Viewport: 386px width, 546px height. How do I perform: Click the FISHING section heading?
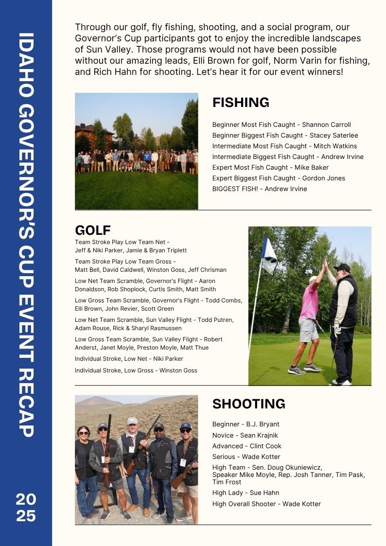pyautogui.click(x=241, y=103)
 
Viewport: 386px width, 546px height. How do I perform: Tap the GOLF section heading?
pyautogui.click(x=93, y=230)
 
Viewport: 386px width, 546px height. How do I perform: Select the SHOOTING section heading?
pyautogui.click(x=248, y=404)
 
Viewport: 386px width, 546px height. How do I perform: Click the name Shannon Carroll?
pyautogui.click(x=329, y=124)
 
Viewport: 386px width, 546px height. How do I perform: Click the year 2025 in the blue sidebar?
pyautogui.click(x=26, y=507)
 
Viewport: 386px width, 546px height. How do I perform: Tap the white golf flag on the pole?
pyautogui.click(x=269, y=254)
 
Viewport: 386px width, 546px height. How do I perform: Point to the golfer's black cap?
pyautogui.click(x=342, y=267)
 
